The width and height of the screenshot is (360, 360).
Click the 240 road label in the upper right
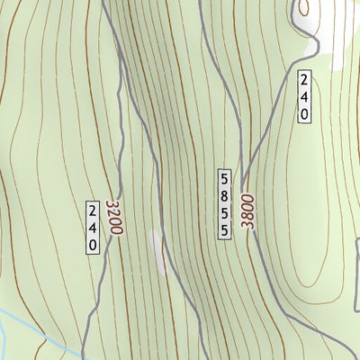[305, 96]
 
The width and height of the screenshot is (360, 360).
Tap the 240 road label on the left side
[93, 229]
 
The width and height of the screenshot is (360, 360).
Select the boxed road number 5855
[224, 202]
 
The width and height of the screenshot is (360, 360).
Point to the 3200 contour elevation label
[113, 218]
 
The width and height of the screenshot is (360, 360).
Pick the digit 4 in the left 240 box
[93, 229]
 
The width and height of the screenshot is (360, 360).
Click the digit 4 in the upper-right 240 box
[305, 96]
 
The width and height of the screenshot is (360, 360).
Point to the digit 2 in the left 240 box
[93, 212]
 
